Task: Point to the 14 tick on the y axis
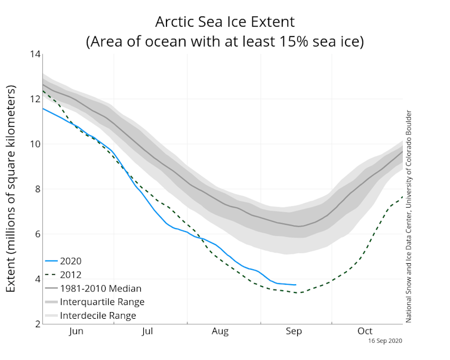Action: (x=35, y=55)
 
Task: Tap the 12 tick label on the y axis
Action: (x=35, y=100)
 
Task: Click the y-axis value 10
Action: (x=35, y=144)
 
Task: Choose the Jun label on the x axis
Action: (x=76, y=331)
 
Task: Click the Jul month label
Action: (x=149, y=331)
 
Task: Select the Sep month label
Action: (x=293, y=331)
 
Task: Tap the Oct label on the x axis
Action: (x=365, y=331)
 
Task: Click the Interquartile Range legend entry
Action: (x=101, y=302)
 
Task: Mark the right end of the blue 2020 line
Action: (x=296, y=285)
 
